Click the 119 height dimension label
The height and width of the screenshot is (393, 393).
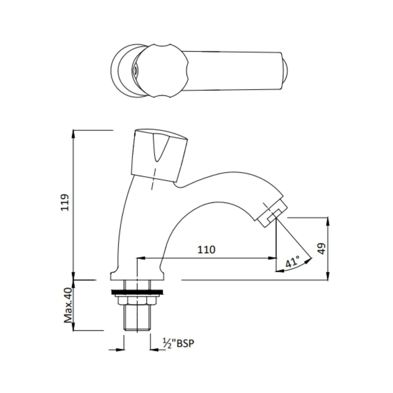[65, 202]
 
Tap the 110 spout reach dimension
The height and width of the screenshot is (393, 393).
[206, 250]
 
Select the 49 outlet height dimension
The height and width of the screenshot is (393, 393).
[321, 248]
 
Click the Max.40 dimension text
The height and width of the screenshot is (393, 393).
[68, 305]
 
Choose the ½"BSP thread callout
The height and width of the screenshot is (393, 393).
[178, 343]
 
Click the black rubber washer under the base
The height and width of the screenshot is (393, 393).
[137, 292]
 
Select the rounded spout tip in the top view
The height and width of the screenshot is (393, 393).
[285, 71]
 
